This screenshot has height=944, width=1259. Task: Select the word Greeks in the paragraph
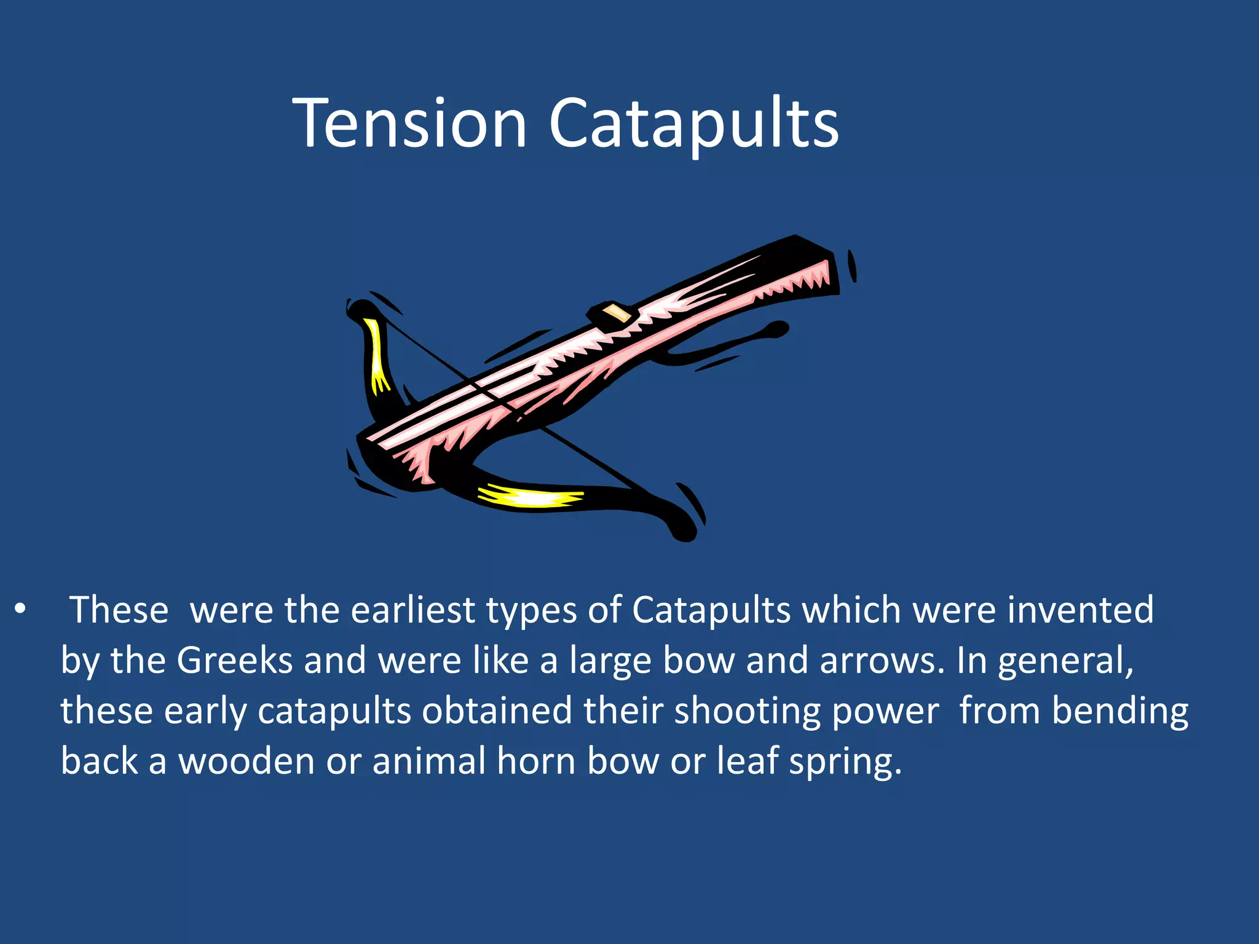pyautogui.click(x=234, y=661)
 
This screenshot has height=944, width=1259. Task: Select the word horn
pyautogui.click(x=535, y=761)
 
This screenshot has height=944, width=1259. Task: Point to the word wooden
pyautogui.click(x=247, y=761)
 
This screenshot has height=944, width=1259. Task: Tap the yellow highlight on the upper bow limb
pyautogui.click(x=376, y=356)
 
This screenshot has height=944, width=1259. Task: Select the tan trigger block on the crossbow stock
pyautogui.click(x=617, y=313)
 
